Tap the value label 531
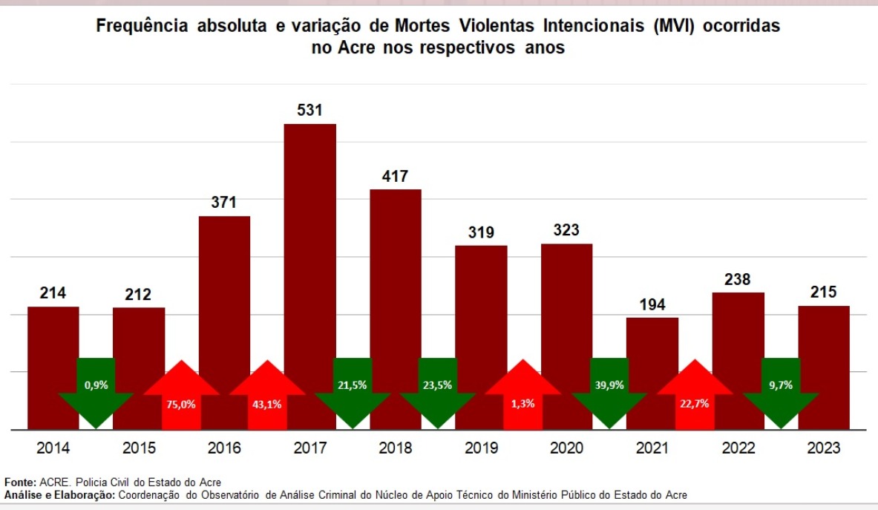pyautogui.click(x=309, y=111)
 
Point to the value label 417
pyautogui.click(x=396, y=177)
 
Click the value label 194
pyautogui.click(x=652, y=304)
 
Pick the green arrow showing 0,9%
pyautogui.click(x=96, y=390)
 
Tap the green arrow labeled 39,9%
pyautogui.click(x=609, y=390)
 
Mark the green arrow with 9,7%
pyautogui.click(x=781, y=390)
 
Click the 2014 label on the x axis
pyautogui.click(x=53, y=448)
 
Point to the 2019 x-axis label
pyautogui.click(x=481, y=448)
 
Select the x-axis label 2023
pyautogui.click(x=824, y=448)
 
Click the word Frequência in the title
pyautogui.click(x=141, y=27)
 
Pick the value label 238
pyautogui.click(x=738, y=280)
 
